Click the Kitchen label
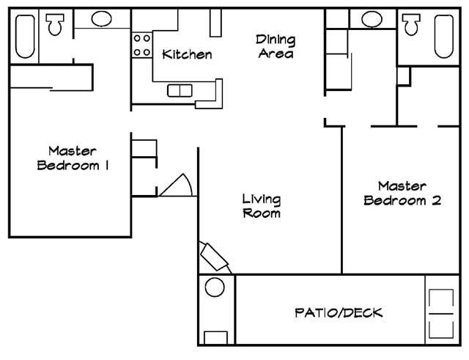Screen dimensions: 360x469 point(187,54)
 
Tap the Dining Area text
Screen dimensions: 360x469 point(275,45)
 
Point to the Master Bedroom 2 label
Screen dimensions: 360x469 point(402,194)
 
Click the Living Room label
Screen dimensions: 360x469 point(262,206)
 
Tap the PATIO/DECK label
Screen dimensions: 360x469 point(338,313)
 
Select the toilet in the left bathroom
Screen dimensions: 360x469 point(56,26)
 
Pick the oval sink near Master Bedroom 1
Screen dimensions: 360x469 point(102,19)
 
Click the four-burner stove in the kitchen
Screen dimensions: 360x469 point(141,45)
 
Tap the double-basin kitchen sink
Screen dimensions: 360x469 point(180,91)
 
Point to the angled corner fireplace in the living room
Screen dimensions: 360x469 point(215,257)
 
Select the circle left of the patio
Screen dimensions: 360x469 point(215,287)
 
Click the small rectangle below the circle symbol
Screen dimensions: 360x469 point(215,337)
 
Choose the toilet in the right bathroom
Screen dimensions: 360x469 point(411,25)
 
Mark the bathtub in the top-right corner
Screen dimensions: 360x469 point(444,36)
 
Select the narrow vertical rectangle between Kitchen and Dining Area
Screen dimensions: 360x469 point(215,23)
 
